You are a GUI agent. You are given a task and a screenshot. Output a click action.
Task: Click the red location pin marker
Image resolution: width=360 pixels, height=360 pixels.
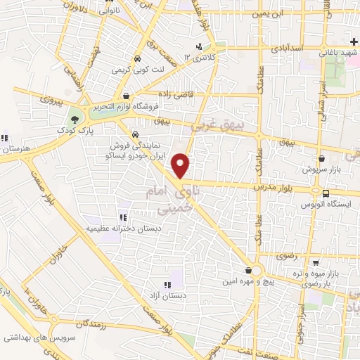pyautogui.click(x=181, y=166)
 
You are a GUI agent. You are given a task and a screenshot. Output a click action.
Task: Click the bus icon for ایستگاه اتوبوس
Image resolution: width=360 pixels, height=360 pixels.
pyautogui.click(x=326, y=193)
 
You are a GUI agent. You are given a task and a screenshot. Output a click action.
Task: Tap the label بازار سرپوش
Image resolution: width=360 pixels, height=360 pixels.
pyautogui.click(x=321, y=169)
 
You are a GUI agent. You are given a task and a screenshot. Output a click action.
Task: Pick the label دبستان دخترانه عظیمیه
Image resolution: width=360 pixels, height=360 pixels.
pyautogui.click(x=122, y=229)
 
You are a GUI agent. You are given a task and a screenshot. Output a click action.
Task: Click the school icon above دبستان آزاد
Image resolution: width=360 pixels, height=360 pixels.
pyautogui.click(x=167, y=285)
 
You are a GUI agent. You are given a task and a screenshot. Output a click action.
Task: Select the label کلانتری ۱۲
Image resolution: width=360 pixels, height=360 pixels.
pyautogui.click(x=198, y=56)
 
